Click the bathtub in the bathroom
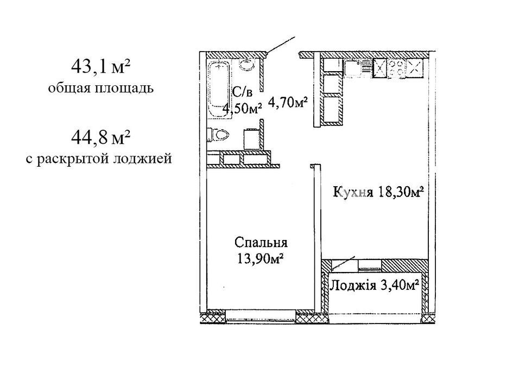tap(219, 89)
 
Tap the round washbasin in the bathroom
tap(247, 65)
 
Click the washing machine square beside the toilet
tap(251, 139)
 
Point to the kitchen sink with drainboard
tap(357, 68)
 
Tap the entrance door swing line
tap(280, 45)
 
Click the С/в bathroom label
tap(242, 92)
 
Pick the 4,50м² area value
tap(242, 109)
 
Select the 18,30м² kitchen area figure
tap(400, 192)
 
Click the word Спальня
tap(261, 242)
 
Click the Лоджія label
tap(353, 286)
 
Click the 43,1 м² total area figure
tap(100, 67)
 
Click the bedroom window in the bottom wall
tap(261, 315)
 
